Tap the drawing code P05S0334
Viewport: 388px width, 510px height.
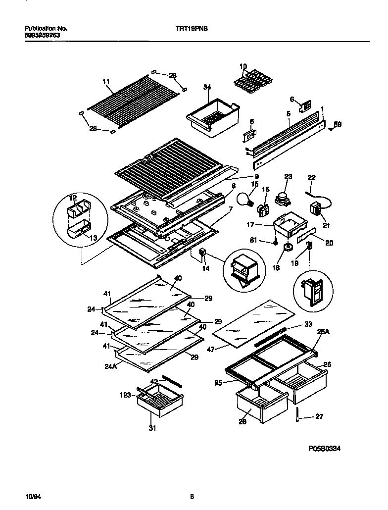(324, 449)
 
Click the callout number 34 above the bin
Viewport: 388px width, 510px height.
(207, 87)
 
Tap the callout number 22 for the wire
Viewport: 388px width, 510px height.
(311, 178)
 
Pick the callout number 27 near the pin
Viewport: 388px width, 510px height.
(319, 416)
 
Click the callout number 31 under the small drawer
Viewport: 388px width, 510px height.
(152, 428)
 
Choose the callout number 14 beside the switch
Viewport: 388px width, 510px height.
(205, 269)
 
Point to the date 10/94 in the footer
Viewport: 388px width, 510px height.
(31, 496)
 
